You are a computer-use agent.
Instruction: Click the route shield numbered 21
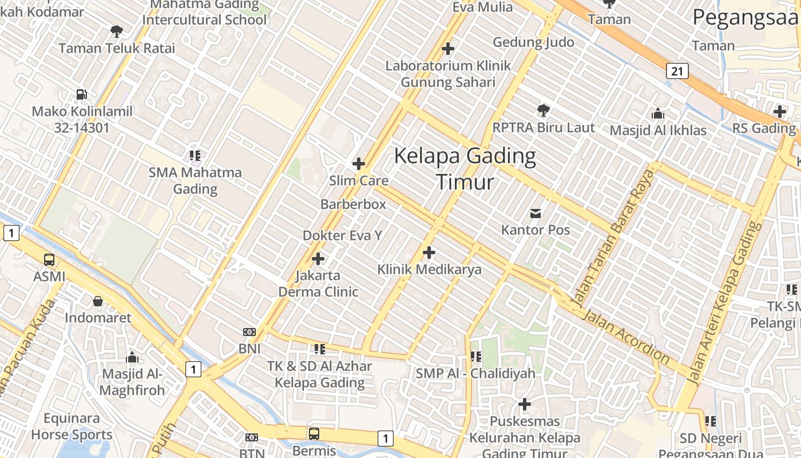[x=677, y=71]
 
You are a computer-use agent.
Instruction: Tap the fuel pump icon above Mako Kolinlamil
[x=82, y=94]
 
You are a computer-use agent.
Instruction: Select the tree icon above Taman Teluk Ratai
[x=117, y=31]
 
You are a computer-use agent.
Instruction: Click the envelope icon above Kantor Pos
[x=536, y=213]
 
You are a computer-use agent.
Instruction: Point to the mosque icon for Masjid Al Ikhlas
[x=658, y=113]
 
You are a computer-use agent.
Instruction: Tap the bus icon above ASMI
[x=49, y=259]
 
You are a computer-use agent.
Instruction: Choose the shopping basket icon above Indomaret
[x=98, y=301]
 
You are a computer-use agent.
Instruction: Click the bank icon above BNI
[x=249, y=332]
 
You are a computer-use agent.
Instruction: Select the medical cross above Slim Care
[x=359, y=164]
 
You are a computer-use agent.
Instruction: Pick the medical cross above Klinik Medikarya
[x=429, y=252]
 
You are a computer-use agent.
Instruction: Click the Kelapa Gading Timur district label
[x=465, y=168]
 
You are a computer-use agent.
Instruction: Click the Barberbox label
[x=353, y=204]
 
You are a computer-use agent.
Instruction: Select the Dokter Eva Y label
[x=342, y=235]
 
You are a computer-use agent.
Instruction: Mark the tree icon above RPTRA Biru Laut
[x=544, y=110]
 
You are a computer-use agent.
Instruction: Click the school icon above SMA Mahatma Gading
[x=195, y=155]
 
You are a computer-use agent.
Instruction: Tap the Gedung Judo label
[x=533, y=42]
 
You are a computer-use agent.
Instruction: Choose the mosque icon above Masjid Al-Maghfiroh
[x=132, y=358]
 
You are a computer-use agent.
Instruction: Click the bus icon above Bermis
[x=314, y=433]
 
